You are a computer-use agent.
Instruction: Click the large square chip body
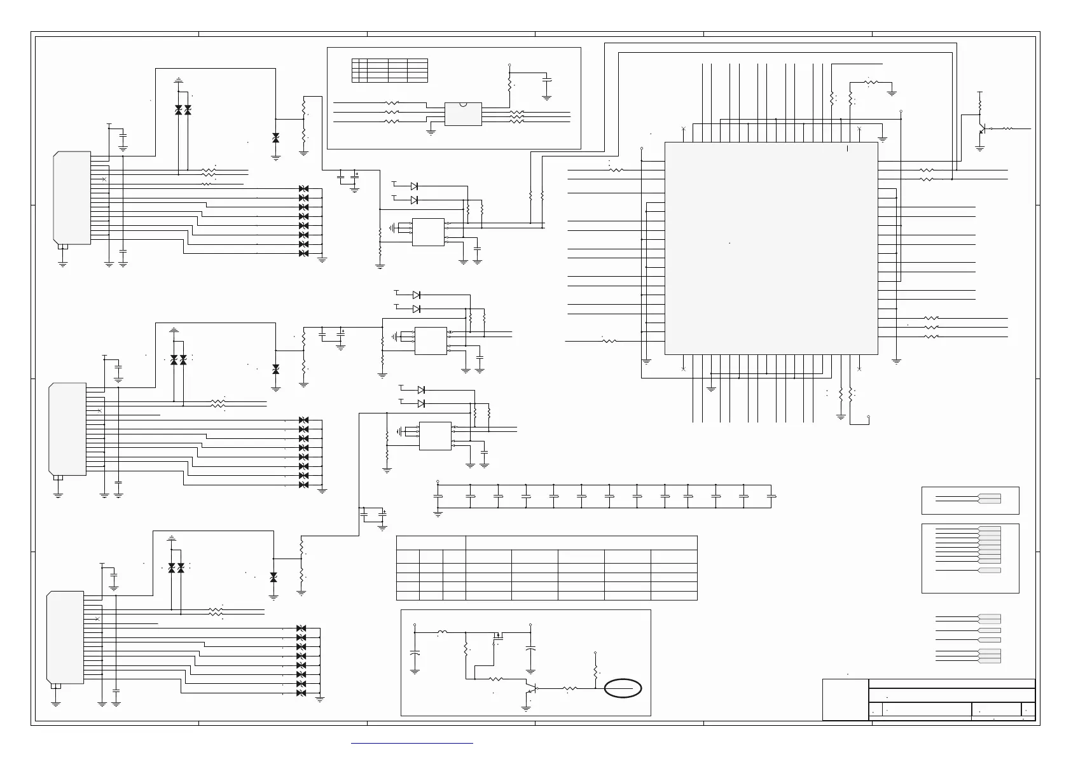[771, 248]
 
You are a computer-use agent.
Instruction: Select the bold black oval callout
[623, 688]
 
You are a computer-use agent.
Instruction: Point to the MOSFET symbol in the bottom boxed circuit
[498, 635]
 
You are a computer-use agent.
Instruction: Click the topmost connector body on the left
[73, 198]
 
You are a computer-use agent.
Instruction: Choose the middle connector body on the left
[67, 429]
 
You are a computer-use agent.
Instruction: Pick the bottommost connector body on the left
[66, 637]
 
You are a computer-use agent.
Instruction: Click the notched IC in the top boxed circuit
[462, 114]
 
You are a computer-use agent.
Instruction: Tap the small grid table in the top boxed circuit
[389, 70]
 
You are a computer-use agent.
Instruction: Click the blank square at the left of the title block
[845, 700]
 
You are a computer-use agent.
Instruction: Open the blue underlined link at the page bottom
[412, 742]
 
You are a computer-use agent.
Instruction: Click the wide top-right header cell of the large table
[581, 543]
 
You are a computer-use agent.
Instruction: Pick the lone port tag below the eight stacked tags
[989, 570]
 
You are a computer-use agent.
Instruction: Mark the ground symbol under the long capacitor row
[438, 513]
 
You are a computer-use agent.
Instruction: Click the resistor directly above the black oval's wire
[595, 671]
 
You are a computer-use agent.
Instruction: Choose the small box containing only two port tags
[970, 500]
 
